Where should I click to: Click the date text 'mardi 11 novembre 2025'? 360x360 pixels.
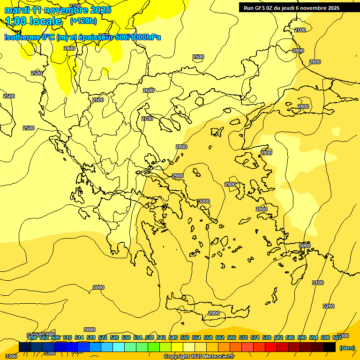point(58,10)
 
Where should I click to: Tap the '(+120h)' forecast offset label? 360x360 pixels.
point(83,21)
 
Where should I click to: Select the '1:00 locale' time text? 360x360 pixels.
point(33,21)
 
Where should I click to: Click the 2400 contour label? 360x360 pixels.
point(69,48)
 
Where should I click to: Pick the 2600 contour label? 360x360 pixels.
point(149,90)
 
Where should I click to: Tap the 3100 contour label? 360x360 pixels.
point(318,283)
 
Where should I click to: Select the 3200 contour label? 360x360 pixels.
point(329,306)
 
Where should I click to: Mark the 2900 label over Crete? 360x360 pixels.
point(214,313)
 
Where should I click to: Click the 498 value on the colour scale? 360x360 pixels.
point(32,337)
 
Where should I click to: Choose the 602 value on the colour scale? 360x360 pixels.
point(337,337)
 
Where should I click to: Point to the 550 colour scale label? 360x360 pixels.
point(185,337)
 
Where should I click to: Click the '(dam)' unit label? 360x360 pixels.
point(347,347)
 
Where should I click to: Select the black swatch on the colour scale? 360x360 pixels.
point(330,347)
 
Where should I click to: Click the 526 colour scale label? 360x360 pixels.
point(114,337)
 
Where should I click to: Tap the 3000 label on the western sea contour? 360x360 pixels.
point(98,287)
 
